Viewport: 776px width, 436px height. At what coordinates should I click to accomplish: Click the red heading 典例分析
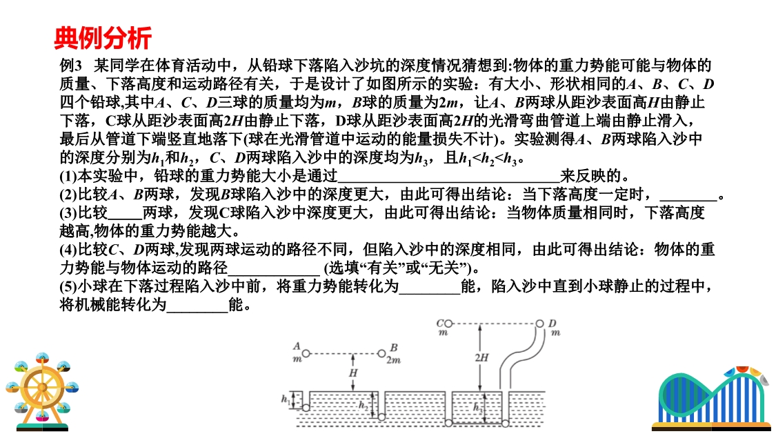point(103,37)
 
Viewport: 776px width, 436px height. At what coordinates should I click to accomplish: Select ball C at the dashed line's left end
point(448,323)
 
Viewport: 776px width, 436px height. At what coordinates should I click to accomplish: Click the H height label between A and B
point(353,373)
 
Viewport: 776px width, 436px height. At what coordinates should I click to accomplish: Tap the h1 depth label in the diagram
point(286,399)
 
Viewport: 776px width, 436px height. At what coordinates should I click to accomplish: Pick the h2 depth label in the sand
point(364,405)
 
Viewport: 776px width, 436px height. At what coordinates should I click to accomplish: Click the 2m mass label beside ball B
point(394,359)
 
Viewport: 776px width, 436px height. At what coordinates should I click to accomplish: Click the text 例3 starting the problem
point(71,66)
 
